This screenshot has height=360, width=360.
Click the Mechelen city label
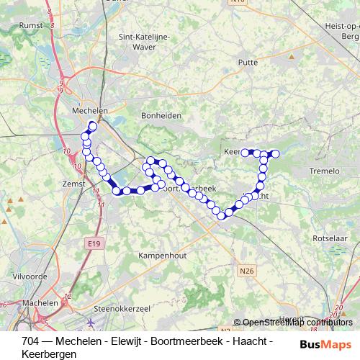click(90, 111)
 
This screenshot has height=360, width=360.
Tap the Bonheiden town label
click(161, 115)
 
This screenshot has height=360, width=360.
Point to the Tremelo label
click(323, 170)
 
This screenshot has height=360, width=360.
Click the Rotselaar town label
click(333, 237)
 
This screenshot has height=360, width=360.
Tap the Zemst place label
click(75, 184)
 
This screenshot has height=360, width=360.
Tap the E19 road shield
click(93, 244)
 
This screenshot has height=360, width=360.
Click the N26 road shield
click(247, 270)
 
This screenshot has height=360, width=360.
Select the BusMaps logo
click(326, 344)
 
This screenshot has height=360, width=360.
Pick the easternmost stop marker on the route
click(274, 153)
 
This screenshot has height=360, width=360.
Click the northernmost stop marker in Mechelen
click(92, 126)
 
